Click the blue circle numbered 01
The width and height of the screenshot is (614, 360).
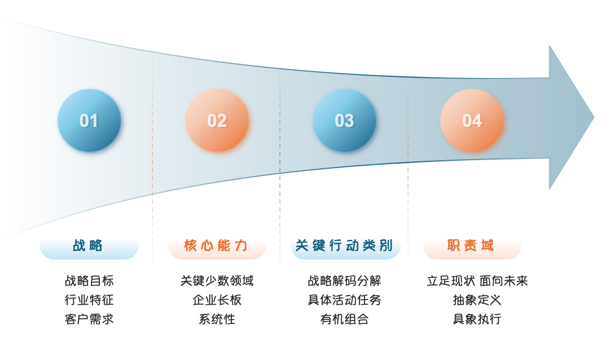(x=89, y=121)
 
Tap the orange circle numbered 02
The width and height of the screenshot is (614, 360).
(x=217, y=121)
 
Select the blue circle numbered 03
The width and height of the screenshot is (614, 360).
(x=344, y=121)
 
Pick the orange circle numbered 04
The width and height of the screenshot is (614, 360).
(x=472, y=121)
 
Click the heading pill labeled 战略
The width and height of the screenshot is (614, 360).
(x=89, y=247)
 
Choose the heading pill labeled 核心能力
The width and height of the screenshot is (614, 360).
(x=217, y=247)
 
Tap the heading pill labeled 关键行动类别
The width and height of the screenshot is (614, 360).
(x=345, y=247)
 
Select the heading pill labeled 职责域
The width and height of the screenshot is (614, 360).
(x=471, y=247)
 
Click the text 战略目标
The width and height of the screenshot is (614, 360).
(x=89, y=281)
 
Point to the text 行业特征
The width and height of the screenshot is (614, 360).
(x=89, y=300)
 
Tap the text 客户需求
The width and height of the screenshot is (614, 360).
(x=89, y=319)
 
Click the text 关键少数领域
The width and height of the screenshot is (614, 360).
(x=217, y=281)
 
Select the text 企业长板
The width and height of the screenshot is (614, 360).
(x=217, y=300)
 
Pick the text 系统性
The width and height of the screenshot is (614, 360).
(x=217, y=319)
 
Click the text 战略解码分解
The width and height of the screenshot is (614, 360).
(x=344, y=281)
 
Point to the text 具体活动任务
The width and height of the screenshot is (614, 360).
(x=344, y=300)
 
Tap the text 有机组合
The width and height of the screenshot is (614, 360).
(x=344, y=319)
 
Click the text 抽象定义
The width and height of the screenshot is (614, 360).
(x=477, y=300)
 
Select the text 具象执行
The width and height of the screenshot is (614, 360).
(x=477, y=319)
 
